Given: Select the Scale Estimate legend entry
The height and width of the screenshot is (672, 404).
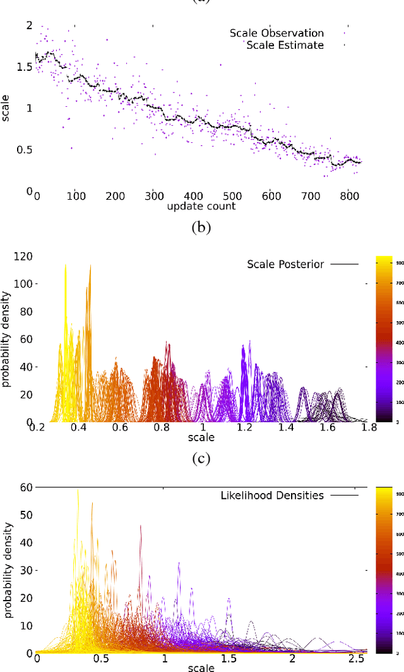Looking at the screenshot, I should (285, 45).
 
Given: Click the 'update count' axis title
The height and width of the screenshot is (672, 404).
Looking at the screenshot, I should (201, 206).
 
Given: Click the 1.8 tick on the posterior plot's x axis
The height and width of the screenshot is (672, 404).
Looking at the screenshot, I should (369, 428).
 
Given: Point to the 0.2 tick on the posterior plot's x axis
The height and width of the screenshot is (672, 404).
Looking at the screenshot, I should (38, 428).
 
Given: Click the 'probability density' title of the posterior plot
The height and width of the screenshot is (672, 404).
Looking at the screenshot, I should (6, 339).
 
